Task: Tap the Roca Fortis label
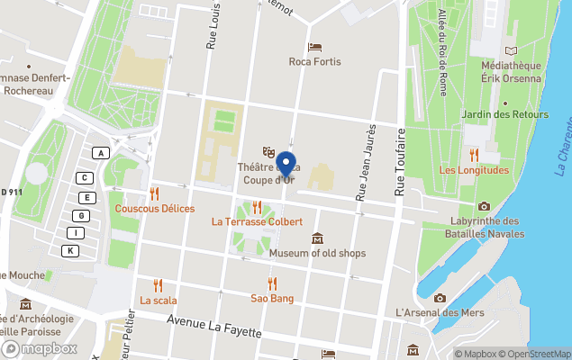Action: (313, 62)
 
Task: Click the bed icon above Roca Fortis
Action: (313, 47)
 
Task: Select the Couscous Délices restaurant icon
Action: (155, 193)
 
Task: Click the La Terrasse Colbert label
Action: (257, 220)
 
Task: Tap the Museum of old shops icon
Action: (317, 238)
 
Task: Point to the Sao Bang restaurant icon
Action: (272, 283)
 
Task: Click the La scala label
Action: (159, 301)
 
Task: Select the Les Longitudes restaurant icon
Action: (474, 155)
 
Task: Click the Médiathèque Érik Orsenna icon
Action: (512, 50)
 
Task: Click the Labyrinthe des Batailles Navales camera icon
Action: (485, 207)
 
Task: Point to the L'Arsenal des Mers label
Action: (440, 312)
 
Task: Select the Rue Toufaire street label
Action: (401, 163)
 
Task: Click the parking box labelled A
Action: (102, 153)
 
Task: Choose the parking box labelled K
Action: (70, 250)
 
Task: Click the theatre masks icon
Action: (267, 151)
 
